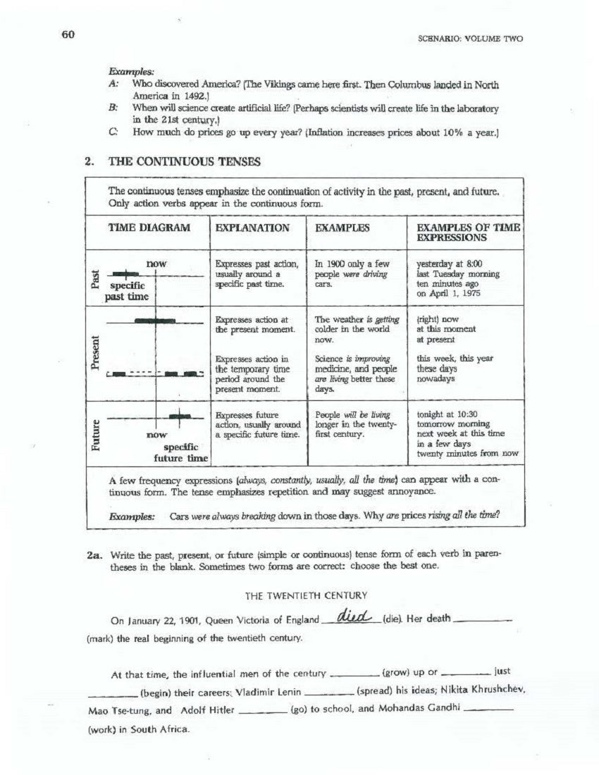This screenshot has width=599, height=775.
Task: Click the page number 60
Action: (x=68, y=35)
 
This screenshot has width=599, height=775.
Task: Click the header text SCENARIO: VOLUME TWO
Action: (x=470, y=39)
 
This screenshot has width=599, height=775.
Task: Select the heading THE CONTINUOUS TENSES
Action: (x=184, y=161)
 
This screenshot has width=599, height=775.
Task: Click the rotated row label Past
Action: (x=95, y=278)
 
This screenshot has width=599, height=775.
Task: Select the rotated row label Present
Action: (x=95, y=352)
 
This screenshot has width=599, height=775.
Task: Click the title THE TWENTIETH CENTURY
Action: (x=306, y=595)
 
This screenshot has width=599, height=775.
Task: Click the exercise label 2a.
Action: (x=94, y=555)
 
